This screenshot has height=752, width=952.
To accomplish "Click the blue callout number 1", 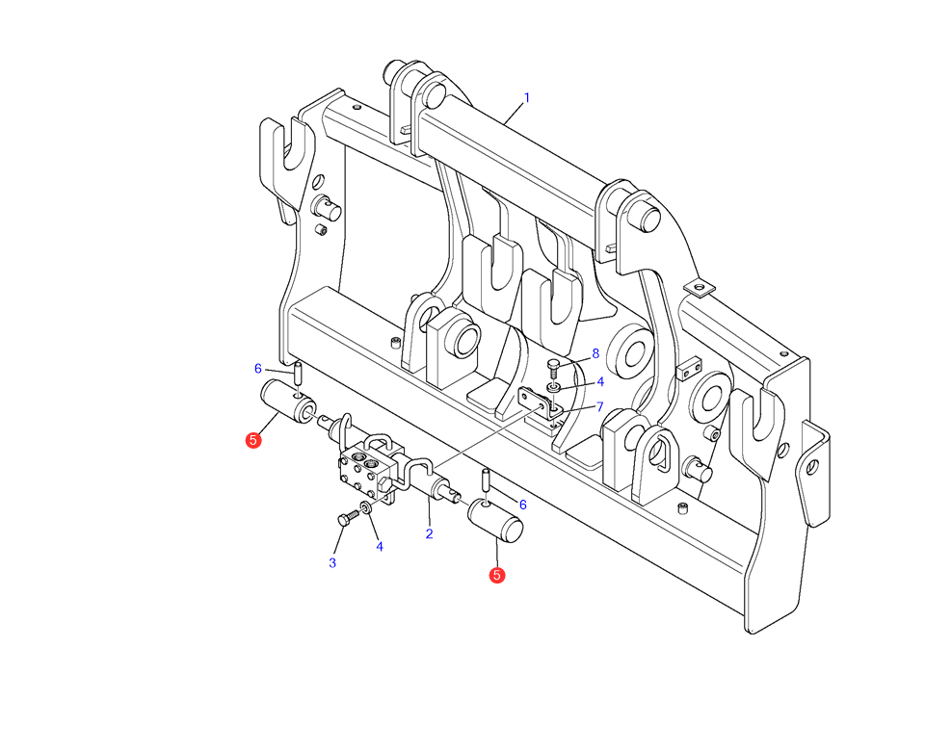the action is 527,97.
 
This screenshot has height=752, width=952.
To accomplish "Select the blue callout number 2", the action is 429,534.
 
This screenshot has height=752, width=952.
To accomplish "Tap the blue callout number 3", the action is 332,563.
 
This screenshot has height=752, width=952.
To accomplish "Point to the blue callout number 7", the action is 600,406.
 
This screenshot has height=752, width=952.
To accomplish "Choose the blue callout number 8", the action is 595,353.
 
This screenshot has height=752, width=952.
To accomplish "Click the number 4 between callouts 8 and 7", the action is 600,381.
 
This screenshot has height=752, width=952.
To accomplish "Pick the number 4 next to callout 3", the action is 380,547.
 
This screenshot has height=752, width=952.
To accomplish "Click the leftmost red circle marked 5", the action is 253,440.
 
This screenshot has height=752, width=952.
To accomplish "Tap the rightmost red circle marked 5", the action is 497,575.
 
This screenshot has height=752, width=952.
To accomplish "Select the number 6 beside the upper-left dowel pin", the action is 258,369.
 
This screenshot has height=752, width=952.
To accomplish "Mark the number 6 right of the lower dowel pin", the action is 523,505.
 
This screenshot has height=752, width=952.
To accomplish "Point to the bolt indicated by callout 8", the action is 552,367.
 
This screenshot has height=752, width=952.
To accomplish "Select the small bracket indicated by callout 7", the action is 540,404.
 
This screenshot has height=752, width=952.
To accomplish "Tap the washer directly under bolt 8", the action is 554,388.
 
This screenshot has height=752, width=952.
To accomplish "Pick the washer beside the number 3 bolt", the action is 366,508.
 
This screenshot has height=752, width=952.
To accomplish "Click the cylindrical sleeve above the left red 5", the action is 287,402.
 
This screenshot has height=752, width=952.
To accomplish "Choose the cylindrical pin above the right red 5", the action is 495,521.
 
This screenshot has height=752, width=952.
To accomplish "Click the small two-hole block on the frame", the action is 689,369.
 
